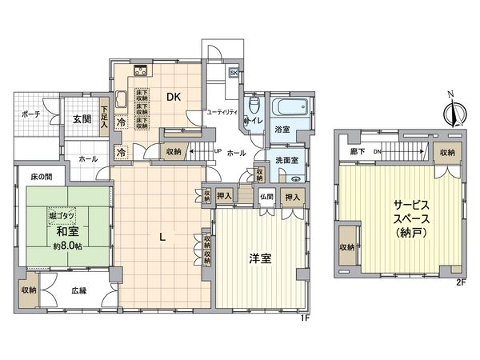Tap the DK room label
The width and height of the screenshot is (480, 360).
click(174, 97)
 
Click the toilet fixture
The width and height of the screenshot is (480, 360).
click(254, 104)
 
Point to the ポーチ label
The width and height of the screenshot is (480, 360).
click(31, 114)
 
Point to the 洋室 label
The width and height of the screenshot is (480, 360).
click(259, 258)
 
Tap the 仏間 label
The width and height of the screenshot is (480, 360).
click(266, 197)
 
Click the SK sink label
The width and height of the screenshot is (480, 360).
click(234, 72)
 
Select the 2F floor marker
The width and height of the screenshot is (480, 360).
click(460, 282)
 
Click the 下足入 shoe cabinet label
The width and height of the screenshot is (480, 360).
click(105, 113)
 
